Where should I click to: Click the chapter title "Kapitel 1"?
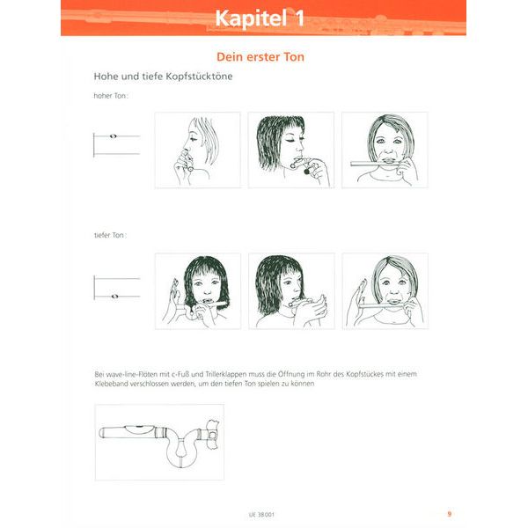click(x=260, y=18)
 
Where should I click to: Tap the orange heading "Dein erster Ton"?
click(x=260, y=57)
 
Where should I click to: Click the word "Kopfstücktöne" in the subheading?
click(x=198, y=77)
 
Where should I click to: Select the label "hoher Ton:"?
click(x=111, y=96)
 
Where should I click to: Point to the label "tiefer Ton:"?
click(x=110, y=235)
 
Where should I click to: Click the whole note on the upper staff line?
click(x=114, y=136)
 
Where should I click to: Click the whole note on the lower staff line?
click(x=114, y=297)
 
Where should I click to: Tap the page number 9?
click(x=449, y=514)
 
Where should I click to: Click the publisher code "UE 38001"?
click(x=261, y=515)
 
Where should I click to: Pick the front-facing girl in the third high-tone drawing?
click(x=390, y=145)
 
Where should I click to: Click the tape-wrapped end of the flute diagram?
click(x=213, y=435)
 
